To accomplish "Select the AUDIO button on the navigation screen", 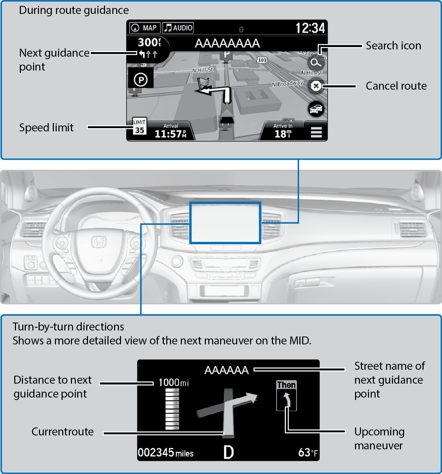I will tap(178, 28).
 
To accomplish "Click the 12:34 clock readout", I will tap(310, 28).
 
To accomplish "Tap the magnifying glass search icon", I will tap(315, 63).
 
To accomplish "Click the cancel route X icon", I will tap(316, 86).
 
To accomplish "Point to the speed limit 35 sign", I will tap(139, 126).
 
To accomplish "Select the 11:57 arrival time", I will tap(170, 133).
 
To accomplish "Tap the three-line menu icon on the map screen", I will tap(316, 132).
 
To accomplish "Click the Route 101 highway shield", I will tap(262, 60).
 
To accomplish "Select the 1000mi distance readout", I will tap(174, 383).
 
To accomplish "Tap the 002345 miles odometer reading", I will tap(166, 453).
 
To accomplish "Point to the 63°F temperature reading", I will tap(308, 452).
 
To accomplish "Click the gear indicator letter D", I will tap(228, 452).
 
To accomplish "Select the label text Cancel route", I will tap(396, 86).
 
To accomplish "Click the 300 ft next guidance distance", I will tap(149, 42).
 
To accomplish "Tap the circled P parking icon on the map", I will tap(141, 80).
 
